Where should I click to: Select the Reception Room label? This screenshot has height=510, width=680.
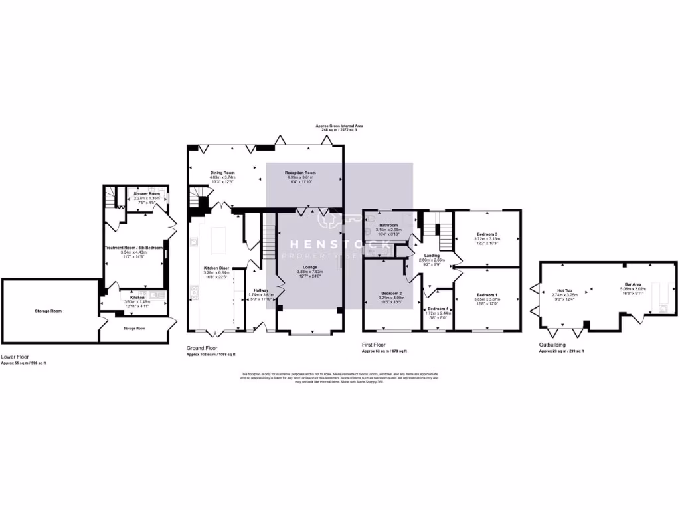pos(301,173)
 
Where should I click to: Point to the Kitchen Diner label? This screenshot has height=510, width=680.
pos(216,268)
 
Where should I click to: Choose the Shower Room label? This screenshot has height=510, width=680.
pos(147,193)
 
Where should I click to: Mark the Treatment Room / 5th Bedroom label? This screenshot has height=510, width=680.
pos(133,248)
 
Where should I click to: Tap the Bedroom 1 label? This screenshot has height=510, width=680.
pos(487,294)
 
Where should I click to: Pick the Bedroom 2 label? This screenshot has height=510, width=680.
pos(391,293)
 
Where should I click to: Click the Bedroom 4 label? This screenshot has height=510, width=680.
pos(438,309)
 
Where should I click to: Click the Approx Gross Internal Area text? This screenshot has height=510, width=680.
pos(339,126)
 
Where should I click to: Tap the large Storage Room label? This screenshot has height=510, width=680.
pos(48,311)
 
